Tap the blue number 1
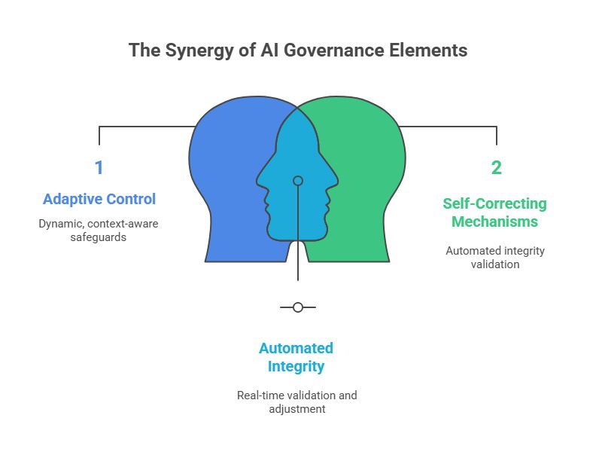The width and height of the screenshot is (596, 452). [99, 167]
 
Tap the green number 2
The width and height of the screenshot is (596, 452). [497, 167]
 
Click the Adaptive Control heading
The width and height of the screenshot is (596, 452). [99, 200]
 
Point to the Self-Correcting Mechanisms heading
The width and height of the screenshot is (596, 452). [494, 212]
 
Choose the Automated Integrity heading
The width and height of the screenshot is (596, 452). [296, 357]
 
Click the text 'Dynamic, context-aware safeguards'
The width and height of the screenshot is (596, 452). [99, 231]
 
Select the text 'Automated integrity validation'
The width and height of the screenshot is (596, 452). [494, 258]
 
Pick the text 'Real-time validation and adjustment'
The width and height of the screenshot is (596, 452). [296, 402]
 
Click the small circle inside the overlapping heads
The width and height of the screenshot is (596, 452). [298, 181]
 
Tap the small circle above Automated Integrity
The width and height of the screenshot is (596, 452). [298, 307]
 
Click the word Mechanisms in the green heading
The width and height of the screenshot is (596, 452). [494, 222]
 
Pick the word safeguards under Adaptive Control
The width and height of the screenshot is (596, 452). [99, 237]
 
